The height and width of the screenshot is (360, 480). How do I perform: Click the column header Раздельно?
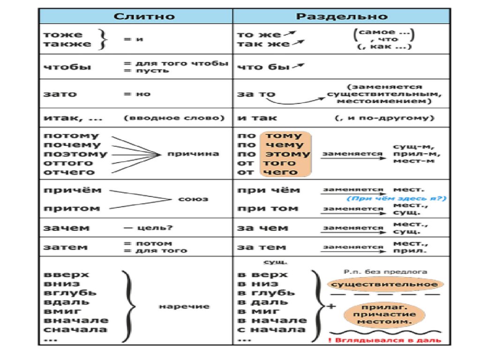(342, 16)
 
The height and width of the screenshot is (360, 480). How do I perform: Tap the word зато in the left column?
(59, 94)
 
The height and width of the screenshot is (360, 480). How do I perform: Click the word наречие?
(184, 307)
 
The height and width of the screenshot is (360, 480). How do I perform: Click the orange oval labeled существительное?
(384, 284)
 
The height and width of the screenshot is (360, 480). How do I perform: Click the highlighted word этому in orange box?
(288, 154)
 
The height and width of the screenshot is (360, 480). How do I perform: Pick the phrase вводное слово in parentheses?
(174, 118)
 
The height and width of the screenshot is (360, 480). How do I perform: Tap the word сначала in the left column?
(75, 330)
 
